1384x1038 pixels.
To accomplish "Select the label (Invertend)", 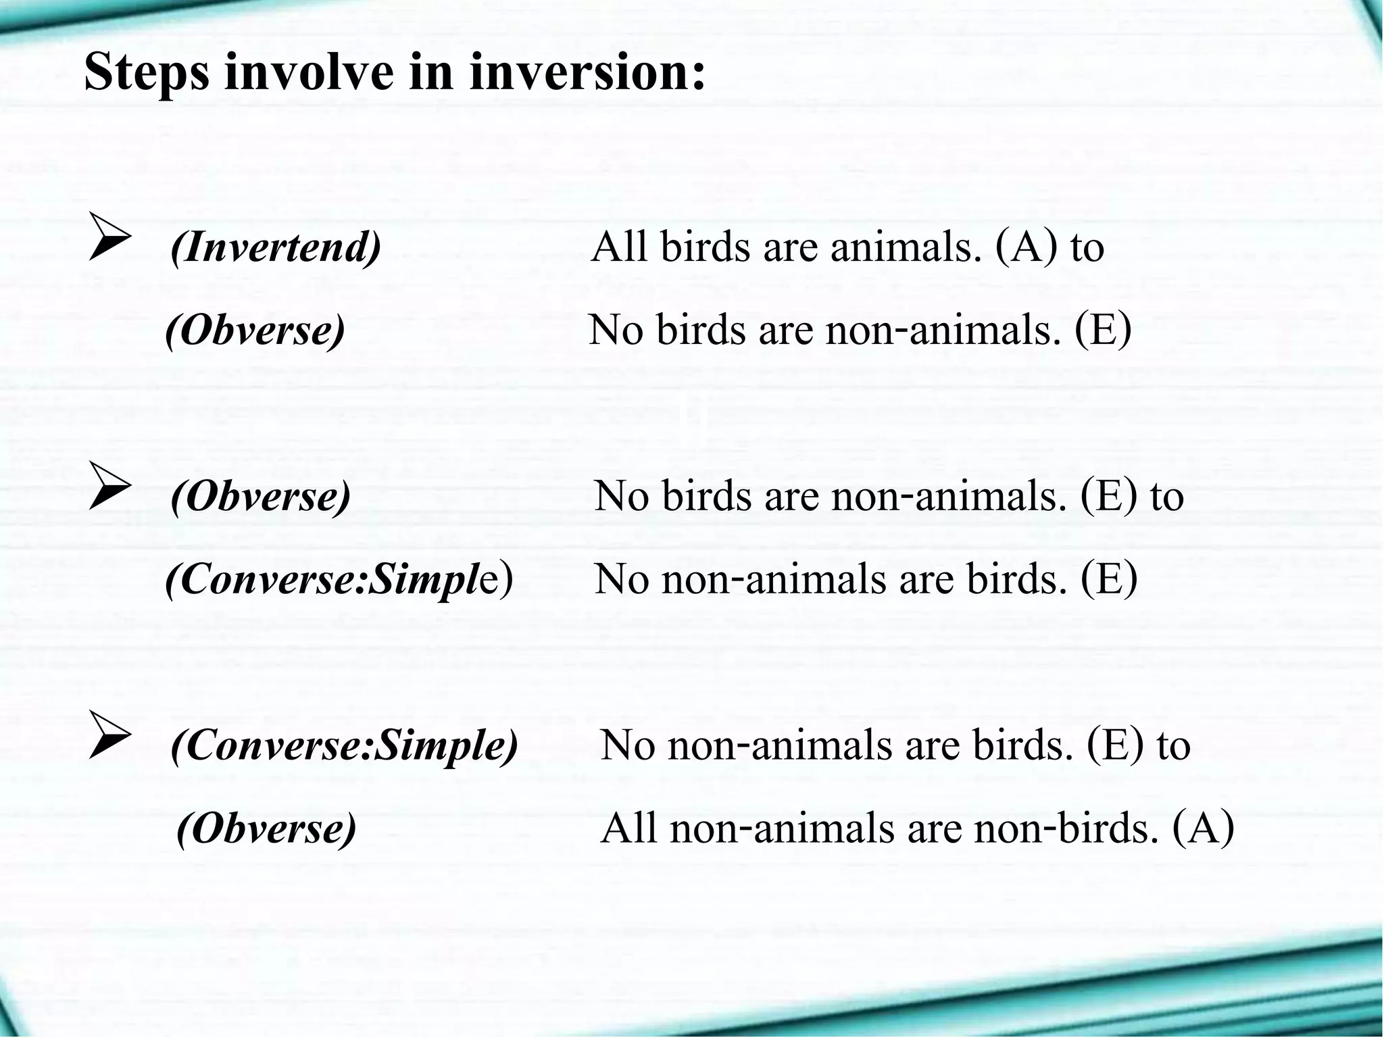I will click(x=276, y=247).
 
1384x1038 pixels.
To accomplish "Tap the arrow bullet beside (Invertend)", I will click(x=109, y=237).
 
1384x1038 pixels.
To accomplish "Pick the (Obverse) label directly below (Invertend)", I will click(x=255, y=330).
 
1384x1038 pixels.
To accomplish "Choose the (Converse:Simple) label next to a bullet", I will click(x=345, y=745).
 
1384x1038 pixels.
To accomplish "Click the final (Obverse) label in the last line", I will click(x=266, y=829).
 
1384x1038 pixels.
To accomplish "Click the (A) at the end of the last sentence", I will click(x=1204, y=829).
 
